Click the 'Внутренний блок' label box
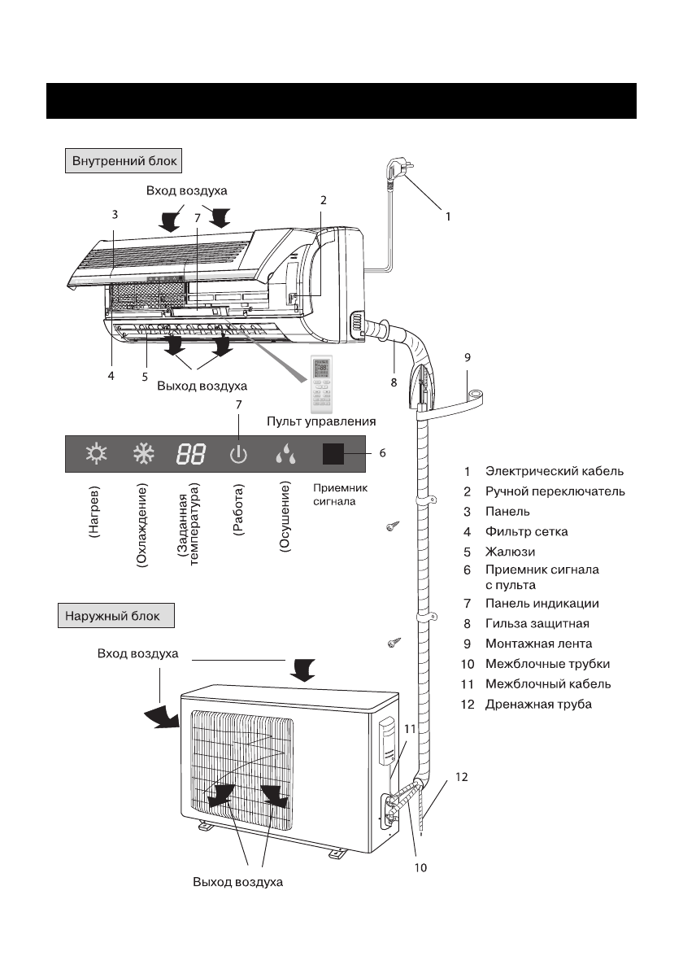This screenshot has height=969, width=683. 124,160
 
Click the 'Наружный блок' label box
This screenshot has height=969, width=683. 116,616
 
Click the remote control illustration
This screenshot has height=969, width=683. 321,384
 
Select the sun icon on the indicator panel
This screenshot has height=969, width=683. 96,454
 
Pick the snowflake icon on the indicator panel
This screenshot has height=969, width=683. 144,454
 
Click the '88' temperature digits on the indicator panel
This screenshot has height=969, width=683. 191,455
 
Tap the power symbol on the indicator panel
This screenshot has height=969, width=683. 238,455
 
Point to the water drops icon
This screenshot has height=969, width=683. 285,454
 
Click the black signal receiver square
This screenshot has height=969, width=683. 333,454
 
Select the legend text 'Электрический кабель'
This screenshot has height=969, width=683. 555,472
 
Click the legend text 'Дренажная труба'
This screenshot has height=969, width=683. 538,705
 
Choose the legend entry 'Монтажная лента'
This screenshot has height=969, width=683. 538,644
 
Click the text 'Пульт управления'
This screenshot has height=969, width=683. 321,421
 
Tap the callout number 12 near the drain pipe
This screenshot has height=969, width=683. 462,777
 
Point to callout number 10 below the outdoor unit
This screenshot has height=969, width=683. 420,867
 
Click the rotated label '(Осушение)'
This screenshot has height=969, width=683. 285,518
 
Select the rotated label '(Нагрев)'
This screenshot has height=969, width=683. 94,511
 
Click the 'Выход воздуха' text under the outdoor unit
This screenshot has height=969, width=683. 237,882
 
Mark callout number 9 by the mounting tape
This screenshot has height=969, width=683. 468,357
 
